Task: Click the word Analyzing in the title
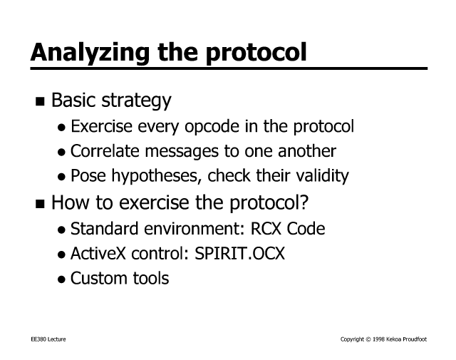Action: [90, 53]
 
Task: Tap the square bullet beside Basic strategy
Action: [40, 101]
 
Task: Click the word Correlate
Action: [105, 151]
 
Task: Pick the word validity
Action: [322, 176]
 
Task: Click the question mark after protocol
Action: [304, 202]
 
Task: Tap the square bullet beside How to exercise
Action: [40, 204]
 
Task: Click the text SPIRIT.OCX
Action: [239, 253]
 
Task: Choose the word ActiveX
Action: [98, 253]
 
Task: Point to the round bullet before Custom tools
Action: [61, 279]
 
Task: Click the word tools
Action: [151, 278]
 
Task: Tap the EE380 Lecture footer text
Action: [48, 339]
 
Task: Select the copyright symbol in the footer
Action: [368, 339]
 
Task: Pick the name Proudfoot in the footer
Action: [415, 339]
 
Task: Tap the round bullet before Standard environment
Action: [61, 230]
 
